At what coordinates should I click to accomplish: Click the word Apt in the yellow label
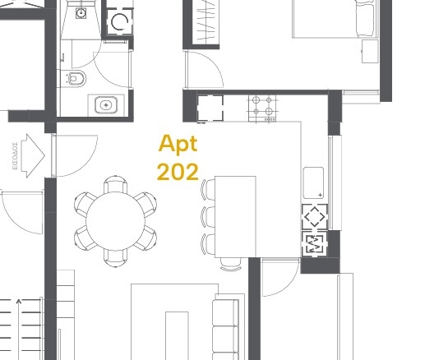pyautogui.click(x=178, y=145)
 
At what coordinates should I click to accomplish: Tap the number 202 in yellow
pyautogui.click(x=178, y=172)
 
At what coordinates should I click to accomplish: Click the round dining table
pyautogui.click(x=115, y=221)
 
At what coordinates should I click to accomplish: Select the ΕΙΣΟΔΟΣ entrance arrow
pyautogui.click(x=33, y=156)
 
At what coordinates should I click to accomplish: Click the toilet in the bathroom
pyautogui.click(x=76, y=79)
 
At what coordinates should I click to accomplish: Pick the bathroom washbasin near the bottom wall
pyautogui.click(x=106, y=105)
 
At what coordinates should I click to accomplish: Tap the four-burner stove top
pyautogui.click(x=262, y=108)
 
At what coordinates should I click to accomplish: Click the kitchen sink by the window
pyautogui.click(x=313, y=182)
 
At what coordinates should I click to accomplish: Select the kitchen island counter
pyautogui.click(x=235, y=217)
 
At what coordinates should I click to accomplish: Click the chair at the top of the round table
pyautogui.click(x=116, y=184)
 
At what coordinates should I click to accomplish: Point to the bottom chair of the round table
pyautogui.click(x=116, y=258)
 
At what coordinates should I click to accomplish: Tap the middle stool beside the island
pyautogui.click(x=208, y=217)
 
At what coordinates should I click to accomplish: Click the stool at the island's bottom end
pyautogui.click(x=231, y=265)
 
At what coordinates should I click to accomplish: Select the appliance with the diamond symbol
pyautogui.click(x=315, y=217)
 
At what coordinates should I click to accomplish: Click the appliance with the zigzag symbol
pyautogui.click(x=314, y=244)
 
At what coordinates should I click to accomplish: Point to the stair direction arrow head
pyautogui.click(x=19, y=302)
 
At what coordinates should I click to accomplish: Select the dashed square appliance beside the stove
pyautogui.click(x=210, y=108)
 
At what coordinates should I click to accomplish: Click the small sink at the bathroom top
pyautogui.click(x=81, y=13)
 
